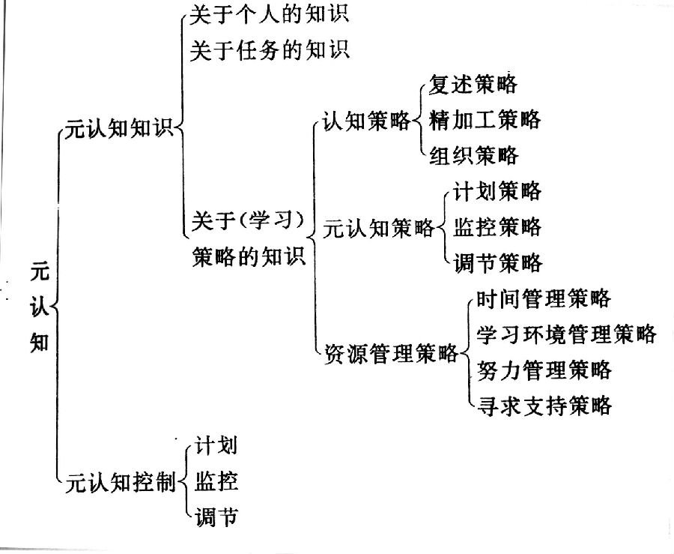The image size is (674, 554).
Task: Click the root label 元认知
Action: pyautogui.click(x=39, y=307)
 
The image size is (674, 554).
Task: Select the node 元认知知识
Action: pyautogui.click(x=118, y=128)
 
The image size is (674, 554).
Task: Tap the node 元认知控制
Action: pyautogui.click(x=121, y=482)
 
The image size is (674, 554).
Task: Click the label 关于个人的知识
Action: pyautogui.click(x=269, y=14)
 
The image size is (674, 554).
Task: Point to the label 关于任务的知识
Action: pyautogui.click(x=270, y=50)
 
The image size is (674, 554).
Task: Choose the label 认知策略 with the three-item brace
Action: pyautogui.click(x=367, y=121)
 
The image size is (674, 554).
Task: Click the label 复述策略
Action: pyautogui.click(x=473, y=84)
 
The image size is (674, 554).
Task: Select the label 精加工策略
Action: pyautogui.click(x=485, y=120)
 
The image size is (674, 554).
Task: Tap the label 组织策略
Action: pyautogui.click(x=474, y=155)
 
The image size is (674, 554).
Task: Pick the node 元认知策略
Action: pyautogui.click(x=379, y=228)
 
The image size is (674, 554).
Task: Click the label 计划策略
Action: pyautogui.click(x=497, y=191)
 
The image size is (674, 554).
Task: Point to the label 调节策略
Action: pyautogui.click(x=498, y=262)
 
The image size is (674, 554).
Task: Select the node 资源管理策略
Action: pyautogui.click(x=390, y=354)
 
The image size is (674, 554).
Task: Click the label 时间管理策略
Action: pyautogui.click(x=544, y=298)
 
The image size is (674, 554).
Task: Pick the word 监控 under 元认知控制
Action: pyautogui.click(x=216, y=481)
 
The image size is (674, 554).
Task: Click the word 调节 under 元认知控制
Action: pyautogui.click(x=216, y=517)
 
